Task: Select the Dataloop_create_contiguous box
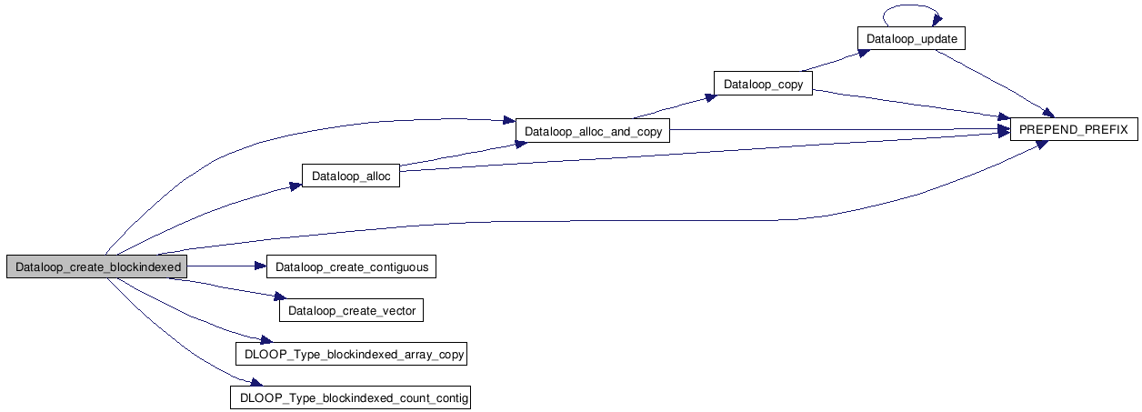(x=350, y=266)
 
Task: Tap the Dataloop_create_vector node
(x=351, y=311)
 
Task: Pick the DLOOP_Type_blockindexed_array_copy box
(x=351, y=355)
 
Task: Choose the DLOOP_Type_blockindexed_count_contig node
(x=351, y=398)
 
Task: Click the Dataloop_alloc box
(x=350, y=176)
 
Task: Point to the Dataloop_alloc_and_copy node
(x=593, y=132)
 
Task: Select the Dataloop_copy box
(x=763, y=84)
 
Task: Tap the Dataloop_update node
(x=911, y=39)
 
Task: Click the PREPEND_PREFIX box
(x=1073, y=130)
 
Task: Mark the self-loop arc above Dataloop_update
(x=911, y=12)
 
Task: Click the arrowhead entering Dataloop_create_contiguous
(x=259, y=266)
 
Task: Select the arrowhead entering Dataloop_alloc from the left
(x=296, y=186)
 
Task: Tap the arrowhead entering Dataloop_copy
(x=707, y=95)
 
